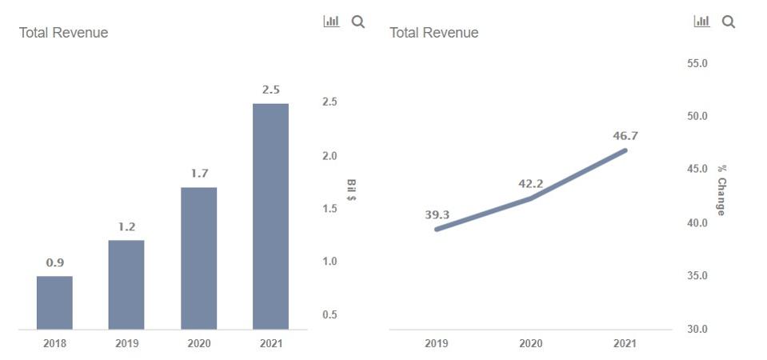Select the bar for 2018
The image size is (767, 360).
point(54,302)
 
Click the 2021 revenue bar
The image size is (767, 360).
point(270,216)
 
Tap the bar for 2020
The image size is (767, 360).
point(198,258)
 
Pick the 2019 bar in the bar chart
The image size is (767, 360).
point(126,284)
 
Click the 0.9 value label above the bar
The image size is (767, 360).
point(54,262)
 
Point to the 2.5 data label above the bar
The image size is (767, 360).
point(270,90)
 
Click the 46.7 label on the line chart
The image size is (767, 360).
point(625,136)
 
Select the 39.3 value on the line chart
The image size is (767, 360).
point(437,214)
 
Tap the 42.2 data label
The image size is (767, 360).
point(530,184)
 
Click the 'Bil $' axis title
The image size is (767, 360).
point(351,190)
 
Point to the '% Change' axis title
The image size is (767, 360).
point(721,190)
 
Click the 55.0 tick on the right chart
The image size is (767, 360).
point(697,63)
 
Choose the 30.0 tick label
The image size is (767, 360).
point(697,329)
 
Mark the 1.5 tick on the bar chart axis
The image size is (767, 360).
point(330,208)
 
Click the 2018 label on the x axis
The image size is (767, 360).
point(54,343)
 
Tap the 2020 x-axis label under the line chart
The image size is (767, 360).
point(530,343)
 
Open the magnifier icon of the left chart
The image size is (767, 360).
point(358,22)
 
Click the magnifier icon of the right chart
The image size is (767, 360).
point(729,22)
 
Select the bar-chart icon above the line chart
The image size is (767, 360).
point(701,22)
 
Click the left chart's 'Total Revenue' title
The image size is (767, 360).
point(63,33)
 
